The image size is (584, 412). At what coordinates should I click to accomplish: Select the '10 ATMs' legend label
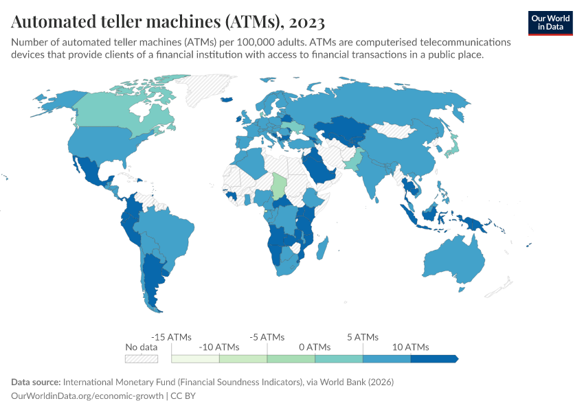pos(411,347)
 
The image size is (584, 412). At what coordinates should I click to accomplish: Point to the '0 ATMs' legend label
pos(315,347)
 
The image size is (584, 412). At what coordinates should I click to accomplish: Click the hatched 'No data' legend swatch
pos(142,358)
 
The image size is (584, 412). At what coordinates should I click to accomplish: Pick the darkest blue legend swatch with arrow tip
pos(434,358)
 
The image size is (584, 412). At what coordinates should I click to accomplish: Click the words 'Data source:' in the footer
pos(36,382)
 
